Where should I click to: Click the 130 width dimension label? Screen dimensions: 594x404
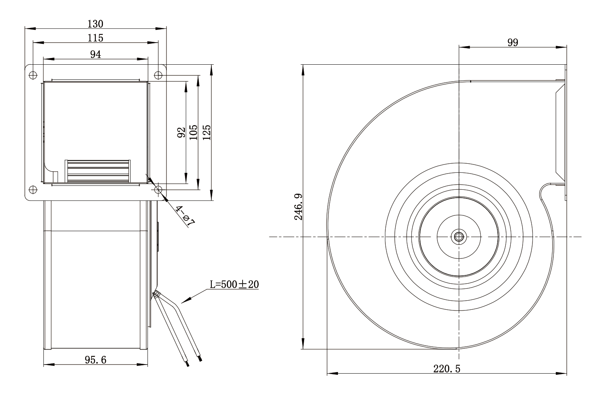(95, 24)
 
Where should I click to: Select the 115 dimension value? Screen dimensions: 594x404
(95, 38)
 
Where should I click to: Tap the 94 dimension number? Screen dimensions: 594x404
(95, 54)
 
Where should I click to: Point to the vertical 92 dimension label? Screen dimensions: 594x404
(181, 133)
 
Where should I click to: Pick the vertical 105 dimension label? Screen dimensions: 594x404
(194, 133)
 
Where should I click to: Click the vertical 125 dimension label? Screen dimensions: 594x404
(207, 133)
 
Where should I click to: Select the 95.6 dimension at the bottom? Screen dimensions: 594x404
(95, 360)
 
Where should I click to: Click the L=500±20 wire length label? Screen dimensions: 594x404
(234, 284)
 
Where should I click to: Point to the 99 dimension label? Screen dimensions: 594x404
(513, 43)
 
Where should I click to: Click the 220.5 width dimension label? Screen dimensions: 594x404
(447, 369)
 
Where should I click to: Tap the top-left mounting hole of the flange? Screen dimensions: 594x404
(33, 75)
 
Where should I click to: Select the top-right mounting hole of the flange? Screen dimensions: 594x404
(158, 75)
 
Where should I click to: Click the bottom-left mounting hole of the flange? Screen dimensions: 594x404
(33, 190)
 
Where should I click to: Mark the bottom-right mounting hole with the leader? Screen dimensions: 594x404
(158, 190)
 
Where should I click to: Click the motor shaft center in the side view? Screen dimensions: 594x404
(459, 237)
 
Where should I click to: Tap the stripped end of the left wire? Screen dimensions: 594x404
(188, 364)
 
